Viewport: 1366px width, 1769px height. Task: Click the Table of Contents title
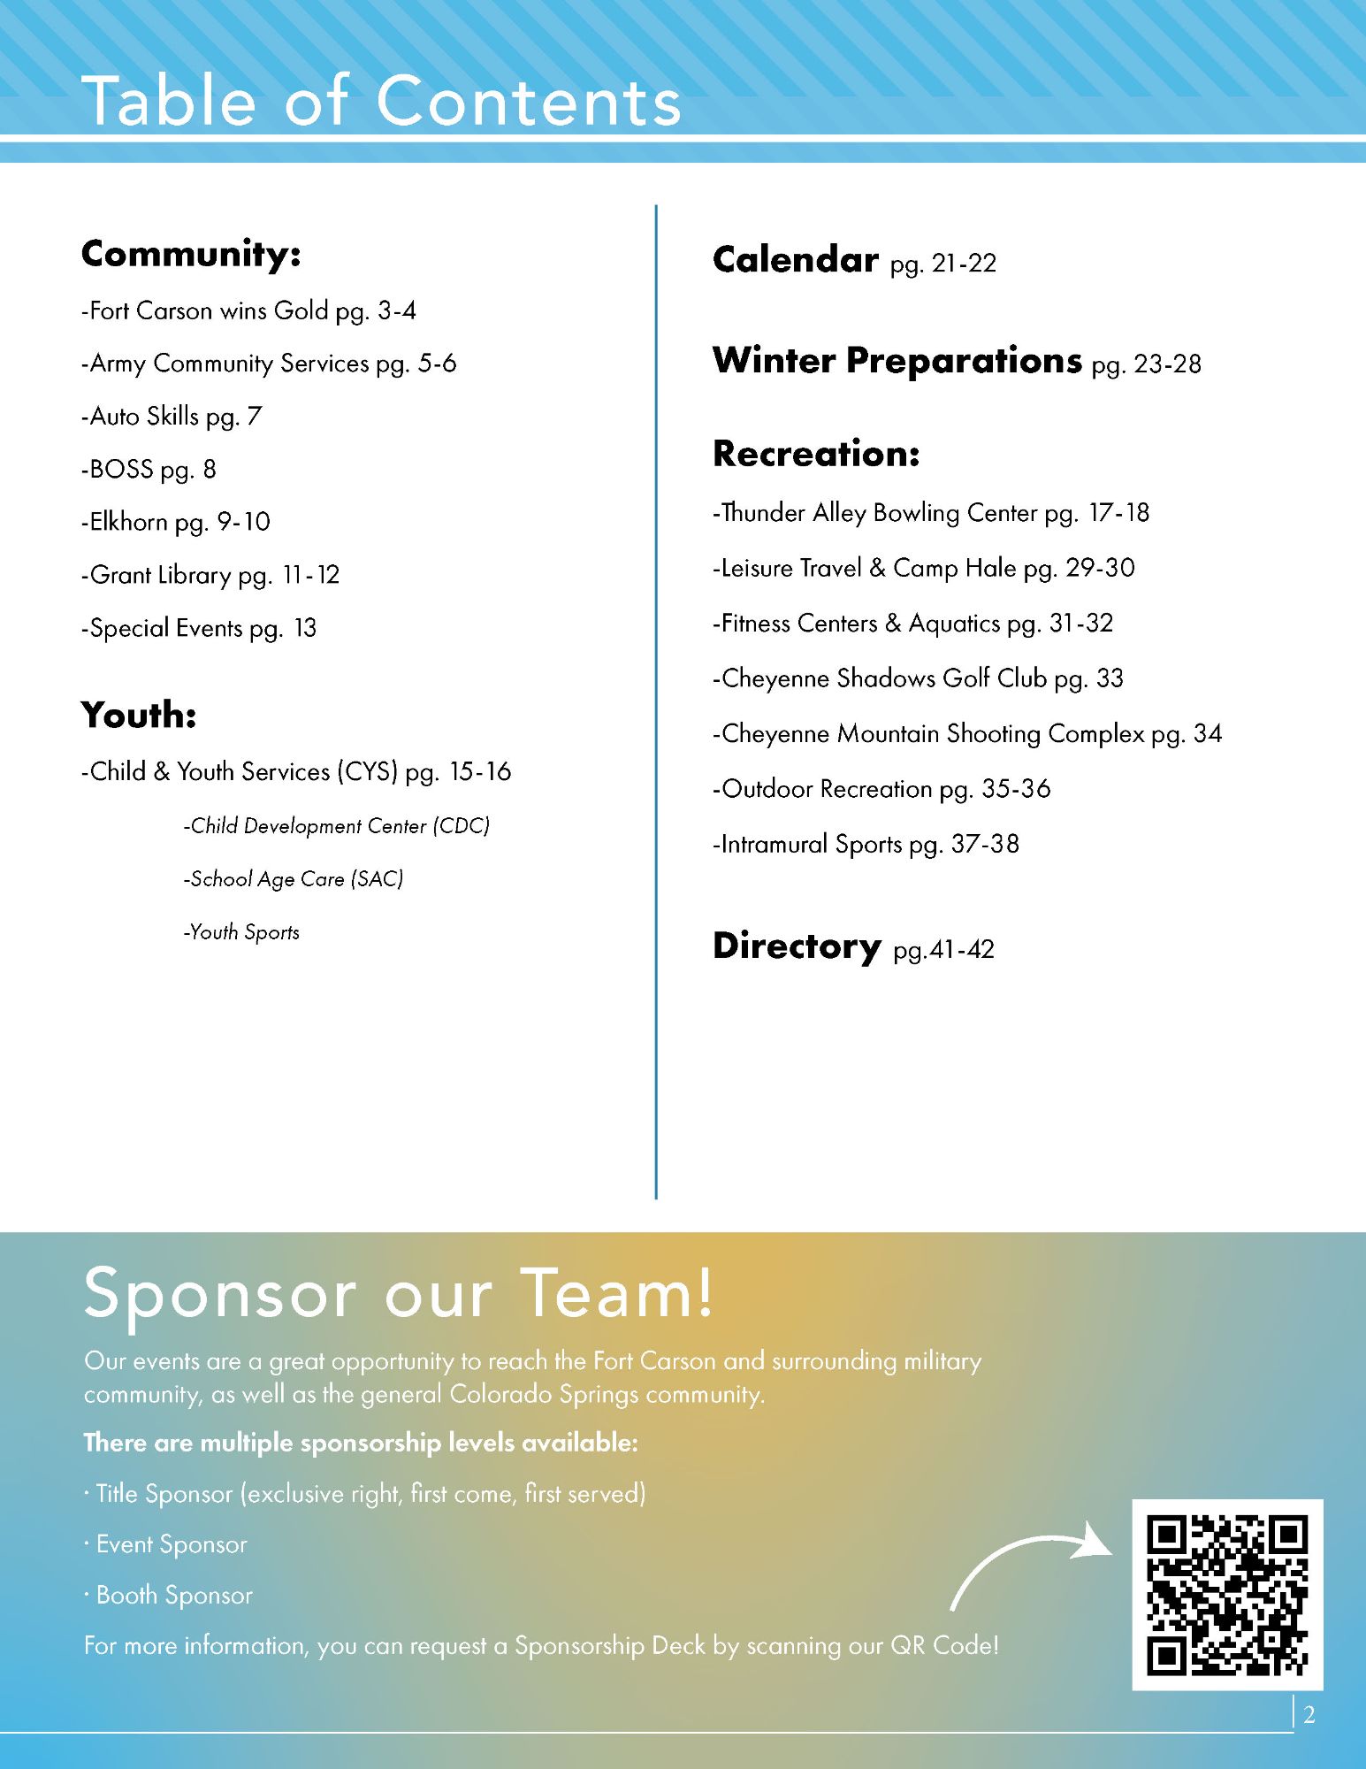381,101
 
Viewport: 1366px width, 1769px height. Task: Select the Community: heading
191,254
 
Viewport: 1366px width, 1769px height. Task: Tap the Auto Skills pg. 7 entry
172,416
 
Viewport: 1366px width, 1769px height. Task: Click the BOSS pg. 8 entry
149,469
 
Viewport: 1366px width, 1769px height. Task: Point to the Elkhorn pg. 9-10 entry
176,522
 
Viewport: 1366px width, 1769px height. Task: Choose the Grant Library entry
210,575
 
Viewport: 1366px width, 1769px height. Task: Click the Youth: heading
139,715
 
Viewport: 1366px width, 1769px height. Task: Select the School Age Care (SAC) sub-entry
293,879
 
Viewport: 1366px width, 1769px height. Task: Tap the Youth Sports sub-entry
241,932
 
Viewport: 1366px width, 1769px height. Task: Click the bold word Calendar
796,260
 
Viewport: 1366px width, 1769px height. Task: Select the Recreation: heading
816,454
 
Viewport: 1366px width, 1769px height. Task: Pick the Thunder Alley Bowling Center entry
931,513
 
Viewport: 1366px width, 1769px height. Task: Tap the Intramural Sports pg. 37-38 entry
866,844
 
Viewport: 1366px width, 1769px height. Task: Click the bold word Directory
797,946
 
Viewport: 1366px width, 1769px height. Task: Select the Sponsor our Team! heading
398,1293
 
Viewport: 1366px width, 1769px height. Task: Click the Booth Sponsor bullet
169,1595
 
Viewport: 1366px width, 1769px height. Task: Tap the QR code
1227,1594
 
